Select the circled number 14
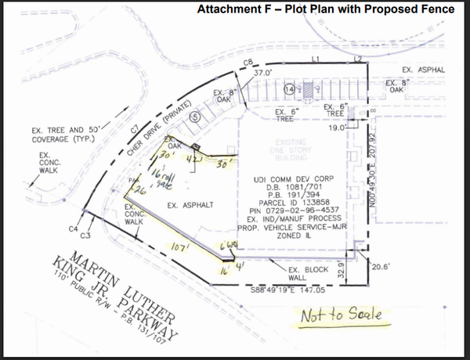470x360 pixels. [x=289, y=90]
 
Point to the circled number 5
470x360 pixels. [x=196, y=116]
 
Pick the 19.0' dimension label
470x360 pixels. [x=338, y=126]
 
